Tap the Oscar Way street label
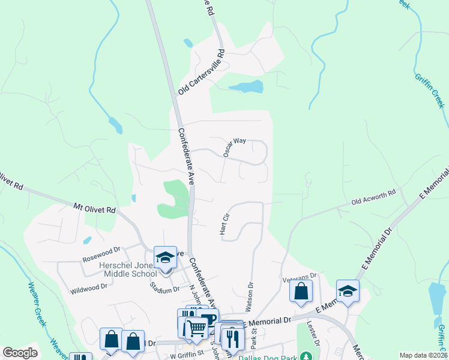tap(235, 146)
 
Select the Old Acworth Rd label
tap(373, 196)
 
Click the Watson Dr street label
tap(248, 297)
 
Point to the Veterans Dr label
tap(299, 277)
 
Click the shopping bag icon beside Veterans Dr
tap(301, 291)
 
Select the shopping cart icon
tap(196, 328)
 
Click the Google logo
tap(20, 353)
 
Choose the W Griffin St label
tap(187, 355)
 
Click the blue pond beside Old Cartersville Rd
tap(246, 87)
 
